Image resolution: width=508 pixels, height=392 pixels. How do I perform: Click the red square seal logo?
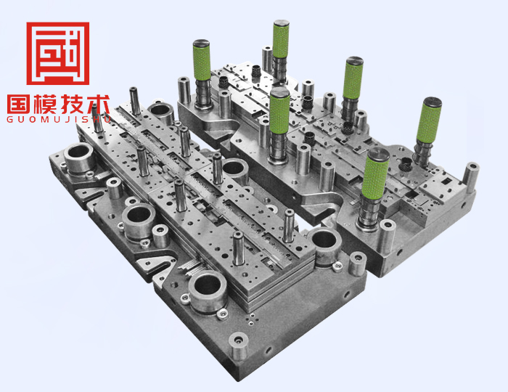click(x=57, y=53)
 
